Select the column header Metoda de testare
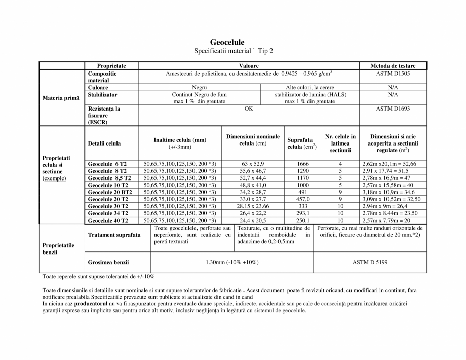click(x=393, y=66)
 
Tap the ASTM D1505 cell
click(x=393, y=74)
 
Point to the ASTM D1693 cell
click(x=393, y=108)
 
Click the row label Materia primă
click(x=61, y=97)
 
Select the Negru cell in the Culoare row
click(x=199, y=87)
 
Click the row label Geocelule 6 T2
click(x=107, y=164)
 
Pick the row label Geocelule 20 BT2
click(x=110, y=192)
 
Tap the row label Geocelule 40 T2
click(x=108, y=221)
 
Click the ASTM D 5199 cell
click(x=370, y=262)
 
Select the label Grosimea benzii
click(x=108, y=262)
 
